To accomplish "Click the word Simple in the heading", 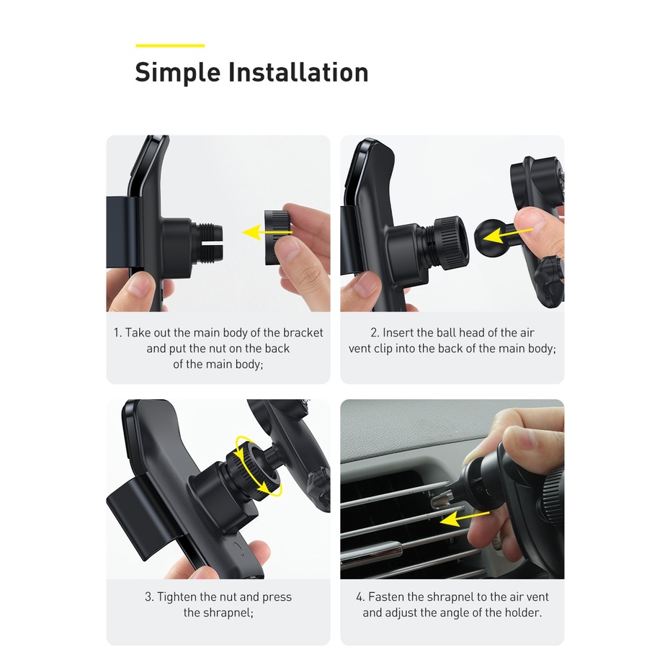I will click(x=177, y=73).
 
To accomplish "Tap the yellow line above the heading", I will click(x=170, y=45).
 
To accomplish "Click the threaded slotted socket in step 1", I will click(x=209, y=234).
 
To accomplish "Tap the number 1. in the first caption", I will click(x=117, y=333).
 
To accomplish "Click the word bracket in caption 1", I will click(x=303, y=333).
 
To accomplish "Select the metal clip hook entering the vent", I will click(x=442, y=499).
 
